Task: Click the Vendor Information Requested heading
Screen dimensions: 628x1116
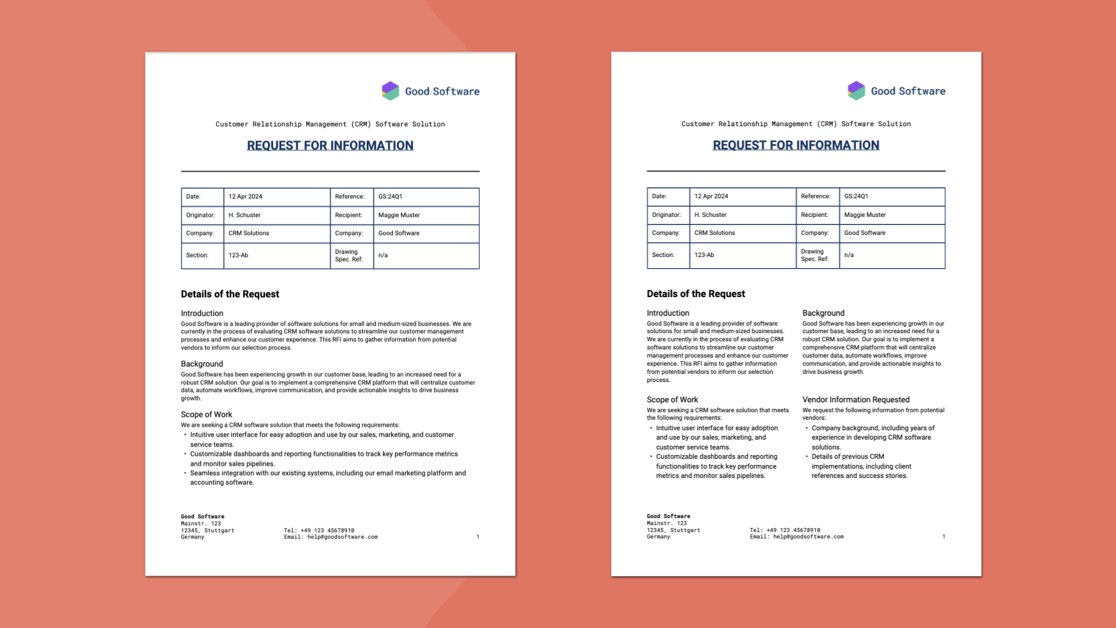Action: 856,399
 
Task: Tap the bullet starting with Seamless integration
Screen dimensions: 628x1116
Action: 328,477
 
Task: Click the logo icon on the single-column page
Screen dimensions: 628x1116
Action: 391,91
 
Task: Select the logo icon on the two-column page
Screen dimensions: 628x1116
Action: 856,90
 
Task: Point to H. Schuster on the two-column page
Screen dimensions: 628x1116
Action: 710,215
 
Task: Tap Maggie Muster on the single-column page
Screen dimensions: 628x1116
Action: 399,215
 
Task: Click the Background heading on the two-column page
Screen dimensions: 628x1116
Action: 823,313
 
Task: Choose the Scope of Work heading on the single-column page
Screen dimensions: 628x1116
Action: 206,415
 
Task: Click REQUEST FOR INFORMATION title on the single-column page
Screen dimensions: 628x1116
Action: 330,145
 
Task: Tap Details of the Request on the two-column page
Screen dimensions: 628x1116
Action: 696,294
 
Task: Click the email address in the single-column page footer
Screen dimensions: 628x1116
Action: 342,537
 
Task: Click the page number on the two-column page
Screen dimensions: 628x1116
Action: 943,536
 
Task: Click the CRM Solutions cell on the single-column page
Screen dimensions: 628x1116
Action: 249,233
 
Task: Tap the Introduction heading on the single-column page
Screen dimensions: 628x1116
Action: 202,313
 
